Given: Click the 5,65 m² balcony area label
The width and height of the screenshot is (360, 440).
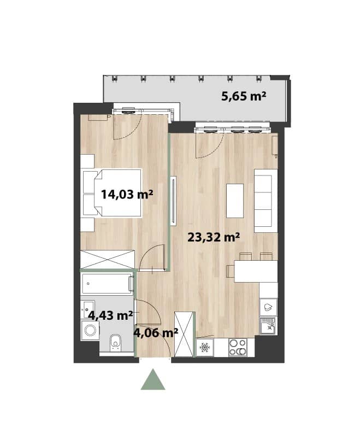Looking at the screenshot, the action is pyautogui.click(x=244, y=96).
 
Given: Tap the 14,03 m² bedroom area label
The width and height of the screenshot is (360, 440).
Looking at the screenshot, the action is pyautogui.click(x=127, y=194).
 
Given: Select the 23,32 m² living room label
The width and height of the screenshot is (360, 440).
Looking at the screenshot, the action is pyautogui.click(x=214, y=237).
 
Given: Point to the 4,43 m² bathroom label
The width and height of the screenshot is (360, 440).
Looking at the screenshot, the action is pyautogui.click(x=110, y=315).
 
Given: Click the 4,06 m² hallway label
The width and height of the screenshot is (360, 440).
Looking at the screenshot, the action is pyautogui.click(x=156, y=333).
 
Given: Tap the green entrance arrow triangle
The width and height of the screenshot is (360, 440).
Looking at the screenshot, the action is pyautogui.click(x=153, y=379).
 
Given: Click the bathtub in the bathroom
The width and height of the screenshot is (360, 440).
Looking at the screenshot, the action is pyautogui.click(x=108, y=284).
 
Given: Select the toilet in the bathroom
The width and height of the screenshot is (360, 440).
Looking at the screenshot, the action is pyautogui.click(x=115, y=342).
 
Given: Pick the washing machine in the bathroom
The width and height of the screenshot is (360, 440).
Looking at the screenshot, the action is pyautogui.click(x=90, y=331).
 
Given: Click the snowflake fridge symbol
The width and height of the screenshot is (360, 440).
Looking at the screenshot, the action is pyautogui.click(x=205, y=348).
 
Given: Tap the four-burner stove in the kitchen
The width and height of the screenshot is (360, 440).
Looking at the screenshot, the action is pyautogui.click(x=238, y=348).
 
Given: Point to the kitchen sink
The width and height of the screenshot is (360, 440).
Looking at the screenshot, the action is pyautogui.click(x=268, y=326).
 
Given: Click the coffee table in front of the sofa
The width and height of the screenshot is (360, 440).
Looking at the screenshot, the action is pyautogui.click(x=235, y=201).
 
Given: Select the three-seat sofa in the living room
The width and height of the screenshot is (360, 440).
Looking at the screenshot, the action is pyautogui.click(x=266, y=201).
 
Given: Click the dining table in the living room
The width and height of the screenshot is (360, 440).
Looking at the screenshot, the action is pyautogui.click(x=256, y=271).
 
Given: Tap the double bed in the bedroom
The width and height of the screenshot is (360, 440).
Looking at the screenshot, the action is pyautogui.click(x=112, y=193).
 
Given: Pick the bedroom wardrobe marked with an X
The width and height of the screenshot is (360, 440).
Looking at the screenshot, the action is pyautogui.click(x=108, y=260).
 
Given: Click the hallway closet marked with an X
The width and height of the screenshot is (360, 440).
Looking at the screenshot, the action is pyautogui.click(x=184, y=333).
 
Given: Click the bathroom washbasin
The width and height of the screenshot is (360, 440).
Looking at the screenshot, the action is pyautogui.click(x=88, y=309).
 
